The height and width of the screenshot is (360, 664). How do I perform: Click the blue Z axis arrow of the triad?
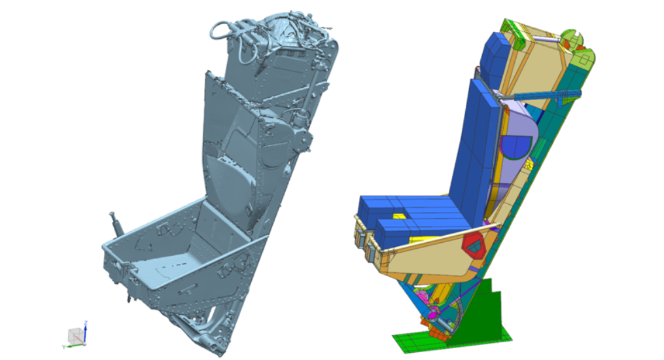86,326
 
